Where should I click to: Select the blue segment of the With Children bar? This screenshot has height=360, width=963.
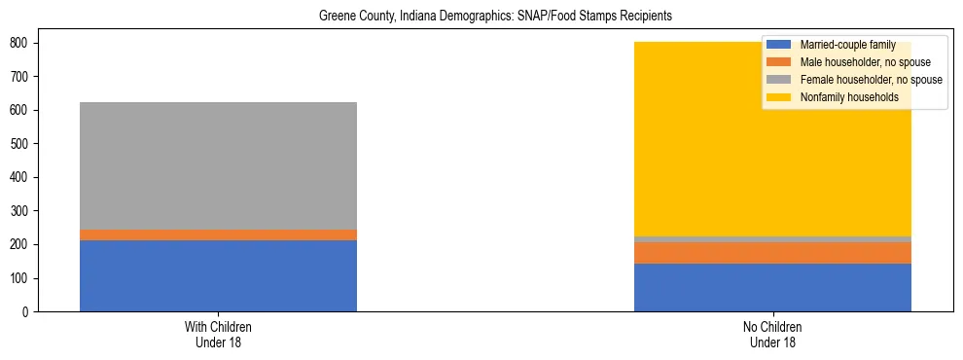click(x=218, y=275)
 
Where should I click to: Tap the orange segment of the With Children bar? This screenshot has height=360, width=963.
click(x=218, y=234)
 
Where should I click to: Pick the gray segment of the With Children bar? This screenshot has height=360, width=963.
click(x=218, y=165)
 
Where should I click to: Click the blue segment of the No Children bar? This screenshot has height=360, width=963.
click(x=772, y=287)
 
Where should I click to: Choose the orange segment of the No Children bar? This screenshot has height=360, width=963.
click(x=772, y=252)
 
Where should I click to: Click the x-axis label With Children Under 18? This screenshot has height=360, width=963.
click(x=218, y=334)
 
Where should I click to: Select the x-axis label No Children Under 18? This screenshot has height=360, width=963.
click(x=772, y=334)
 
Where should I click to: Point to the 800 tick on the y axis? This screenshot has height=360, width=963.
click(x=24, y=43)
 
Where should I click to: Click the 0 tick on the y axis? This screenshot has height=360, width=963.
click(x=30, y=312)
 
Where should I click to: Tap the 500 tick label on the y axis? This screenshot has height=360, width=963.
click(x=24, y=144)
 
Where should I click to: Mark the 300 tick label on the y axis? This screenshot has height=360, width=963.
click(x=24, y=211)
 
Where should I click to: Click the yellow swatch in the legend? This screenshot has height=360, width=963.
click(x=779, y=97)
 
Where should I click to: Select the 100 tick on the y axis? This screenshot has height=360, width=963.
click(x=24, y=278)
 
